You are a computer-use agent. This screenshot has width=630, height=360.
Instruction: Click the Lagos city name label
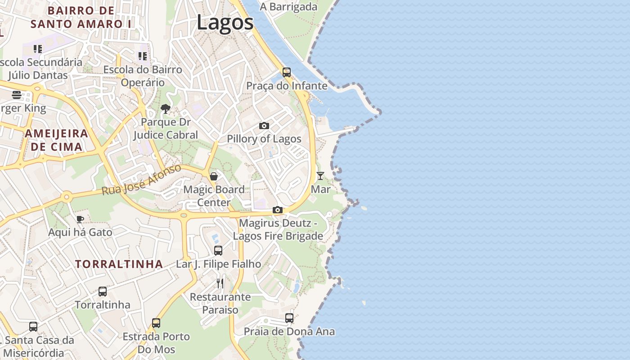pos(225,22)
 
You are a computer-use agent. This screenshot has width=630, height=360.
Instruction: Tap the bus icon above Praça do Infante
pos(287,72)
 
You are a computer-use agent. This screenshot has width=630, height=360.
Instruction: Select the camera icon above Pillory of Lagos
pos(264,126)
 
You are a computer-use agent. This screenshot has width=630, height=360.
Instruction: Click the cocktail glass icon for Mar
pos(320,175)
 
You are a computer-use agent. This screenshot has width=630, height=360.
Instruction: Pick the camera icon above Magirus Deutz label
pos(278,210)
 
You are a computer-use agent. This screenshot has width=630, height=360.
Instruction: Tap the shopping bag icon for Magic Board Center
pos(214,176)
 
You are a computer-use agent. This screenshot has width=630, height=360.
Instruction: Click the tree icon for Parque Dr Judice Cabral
pos(166,108)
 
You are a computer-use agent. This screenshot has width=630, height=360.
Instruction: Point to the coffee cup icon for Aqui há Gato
pos(80,219)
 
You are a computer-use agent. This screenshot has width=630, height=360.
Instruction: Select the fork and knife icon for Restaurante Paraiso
pos(220,283)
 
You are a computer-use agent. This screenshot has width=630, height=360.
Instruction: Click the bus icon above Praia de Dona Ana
pos(289,318)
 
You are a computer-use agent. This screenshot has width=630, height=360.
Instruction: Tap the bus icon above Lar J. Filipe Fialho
pos(218,251)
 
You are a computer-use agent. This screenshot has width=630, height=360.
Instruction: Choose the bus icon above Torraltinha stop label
pos(103,291)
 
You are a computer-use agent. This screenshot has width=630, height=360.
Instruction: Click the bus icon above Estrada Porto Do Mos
pos(156,323)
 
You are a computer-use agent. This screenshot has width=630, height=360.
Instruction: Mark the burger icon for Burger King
pos(17,95)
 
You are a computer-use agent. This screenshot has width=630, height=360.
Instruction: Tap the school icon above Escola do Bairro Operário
pos(143,56)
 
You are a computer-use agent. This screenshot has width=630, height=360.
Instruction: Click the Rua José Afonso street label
pos(141,180)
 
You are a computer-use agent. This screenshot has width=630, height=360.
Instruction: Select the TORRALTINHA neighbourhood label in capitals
pos(119,264)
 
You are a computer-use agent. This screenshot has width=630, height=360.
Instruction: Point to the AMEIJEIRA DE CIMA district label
pos(56,140)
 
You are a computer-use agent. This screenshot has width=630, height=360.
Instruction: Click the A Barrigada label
pos(288,7)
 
